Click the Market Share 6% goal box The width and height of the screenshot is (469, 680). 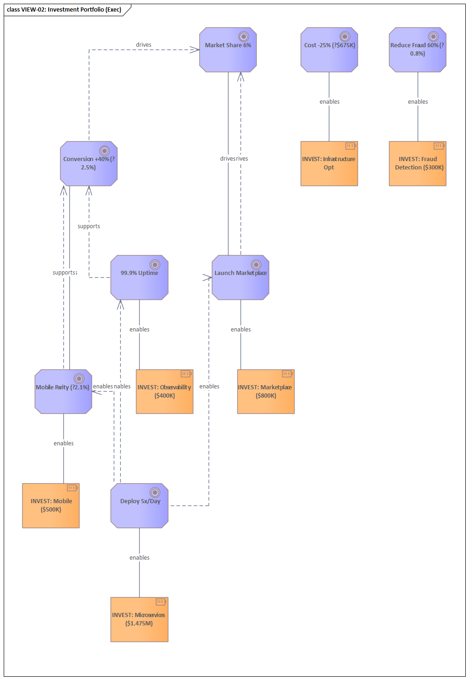click(x=228, y=50)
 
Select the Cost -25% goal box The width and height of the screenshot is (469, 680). click(x=329, y=50)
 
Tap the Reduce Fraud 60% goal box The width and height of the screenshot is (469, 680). click(x=417, y=50)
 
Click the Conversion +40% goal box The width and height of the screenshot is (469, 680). click(x=88, y=164)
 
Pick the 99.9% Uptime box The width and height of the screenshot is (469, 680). click(x=139, y=278)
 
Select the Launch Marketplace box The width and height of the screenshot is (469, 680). click(x=240, y=278)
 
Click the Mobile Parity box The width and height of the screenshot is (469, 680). click(x=63, y=392)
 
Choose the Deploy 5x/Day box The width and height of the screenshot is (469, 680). click(x=139, y=506)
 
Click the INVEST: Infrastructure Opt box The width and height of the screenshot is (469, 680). click(x=329, y=164)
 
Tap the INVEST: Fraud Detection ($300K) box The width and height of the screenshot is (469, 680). click(x=417, y=164)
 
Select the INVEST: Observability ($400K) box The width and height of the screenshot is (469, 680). click(x=164, y=392)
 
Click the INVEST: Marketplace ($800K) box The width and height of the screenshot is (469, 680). click(x=265, y=392)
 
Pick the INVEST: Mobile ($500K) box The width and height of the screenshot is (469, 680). click(x=51, y=506)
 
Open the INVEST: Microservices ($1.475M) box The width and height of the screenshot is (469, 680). click(x=139, y=620)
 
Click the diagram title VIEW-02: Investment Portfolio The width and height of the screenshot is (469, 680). click(x=64, y=10)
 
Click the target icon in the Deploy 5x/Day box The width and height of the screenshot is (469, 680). click(x=155, y=493)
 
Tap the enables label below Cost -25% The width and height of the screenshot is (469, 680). click(x=329, y=102)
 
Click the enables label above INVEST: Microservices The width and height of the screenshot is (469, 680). click(x=139, y=558)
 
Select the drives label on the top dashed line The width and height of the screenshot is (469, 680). click(x=143, y=45)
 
